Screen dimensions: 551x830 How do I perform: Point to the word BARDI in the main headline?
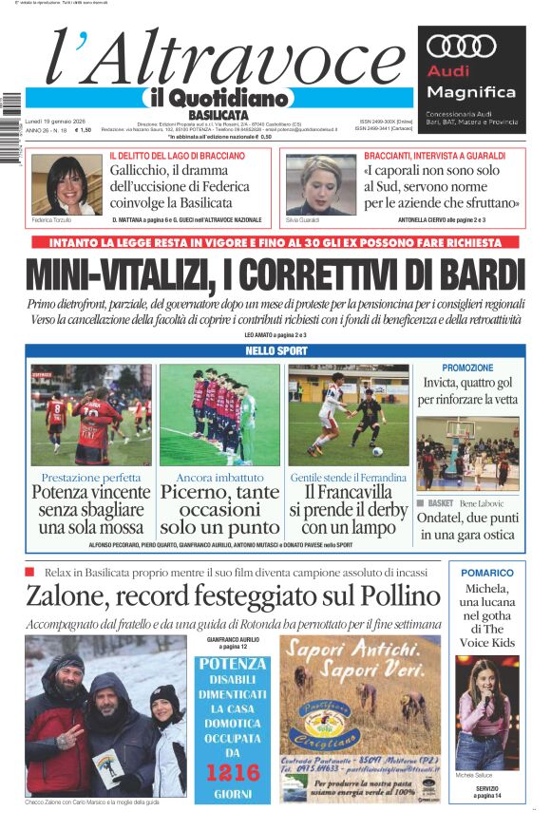click(x=473, y=274)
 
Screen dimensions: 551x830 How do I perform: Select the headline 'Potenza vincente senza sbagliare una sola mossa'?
click(x=91, y=510)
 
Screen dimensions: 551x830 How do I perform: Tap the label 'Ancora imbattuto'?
click(x=219, y=477)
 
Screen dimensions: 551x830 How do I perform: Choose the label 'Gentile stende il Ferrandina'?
click(x=348, y=477)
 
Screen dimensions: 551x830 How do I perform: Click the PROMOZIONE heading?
click(x=467, y=368)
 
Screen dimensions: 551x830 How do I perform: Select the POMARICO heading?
click(x=486, y=573)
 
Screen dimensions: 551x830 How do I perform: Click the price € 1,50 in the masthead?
click(x=84, y=130)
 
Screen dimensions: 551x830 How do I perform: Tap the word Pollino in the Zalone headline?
click(x=385, y=595)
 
